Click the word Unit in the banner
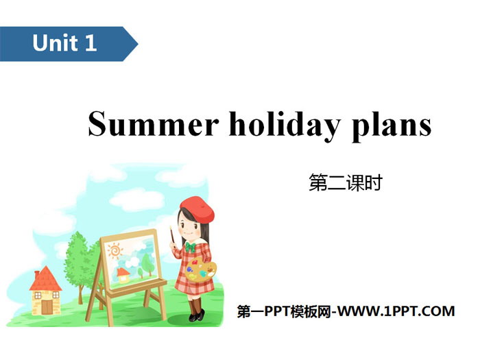click(55, 43)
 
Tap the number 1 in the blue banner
click(91, 43)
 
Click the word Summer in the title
click(153, 123)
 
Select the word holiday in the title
click(285, 125)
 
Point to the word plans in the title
click(392, 125)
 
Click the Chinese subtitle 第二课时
click(346, 183)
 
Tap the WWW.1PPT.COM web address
click(396, 311)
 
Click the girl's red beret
click(197, 208)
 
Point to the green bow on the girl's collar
click(190, 246)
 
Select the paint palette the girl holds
click(200, 270)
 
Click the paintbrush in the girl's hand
click(172, 237)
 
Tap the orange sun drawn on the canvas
click(115, 250)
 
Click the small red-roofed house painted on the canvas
click(123, 275)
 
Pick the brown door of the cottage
click(47, 307)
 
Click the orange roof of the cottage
click(46, 279)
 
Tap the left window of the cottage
click(38, 296)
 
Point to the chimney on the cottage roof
click(37, 274)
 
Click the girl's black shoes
click(197, 316)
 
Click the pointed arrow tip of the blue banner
click(138, 44)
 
